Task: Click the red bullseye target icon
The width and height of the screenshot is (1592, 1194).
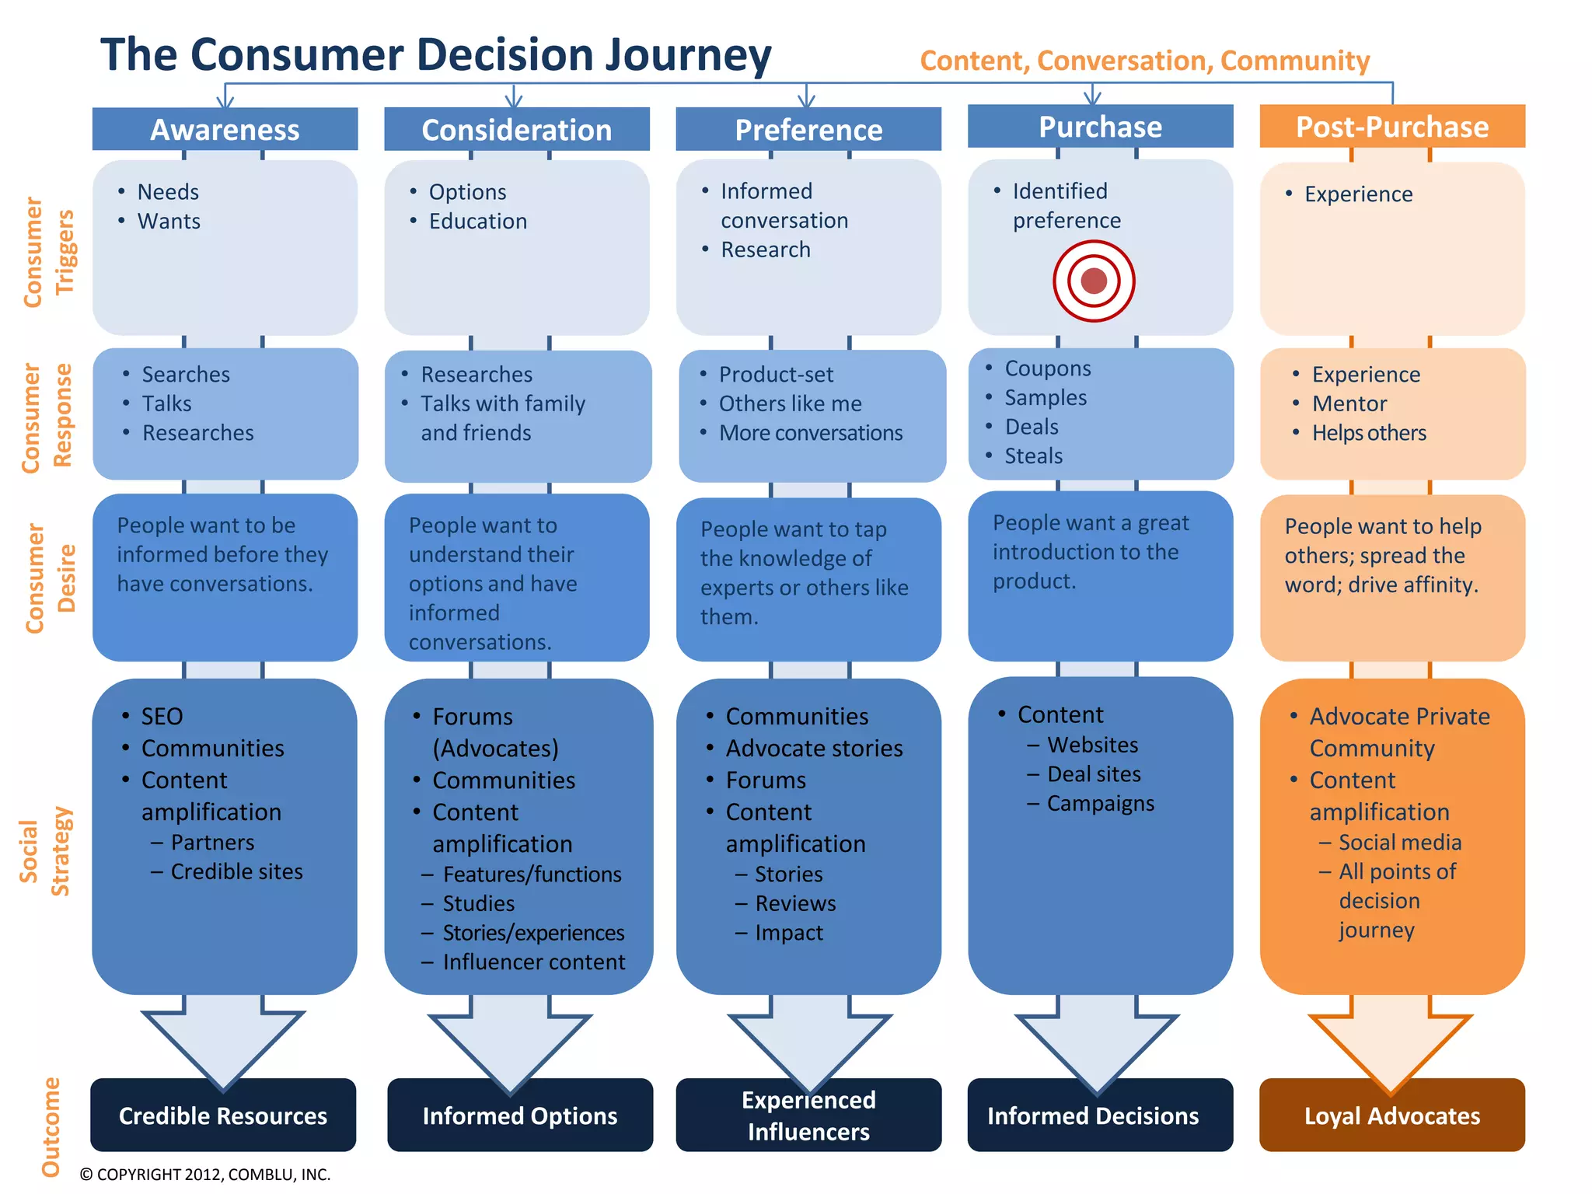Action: click(x=1094, y=281)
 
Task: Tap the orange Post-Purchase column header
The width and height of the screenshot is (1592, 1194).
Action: click(x=1391, y=127)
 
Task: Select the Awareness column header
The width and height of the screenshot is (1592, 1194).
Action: click(x=225, y=130)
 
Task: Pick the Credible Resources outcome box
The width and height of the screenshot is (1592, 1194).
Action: click(x=223, y=1116)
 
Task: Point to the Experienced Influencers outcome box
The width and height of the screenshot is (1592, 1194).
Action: click(x=808, y=1116)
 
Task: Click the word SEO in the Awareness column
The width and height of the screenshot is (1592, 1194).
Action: click(x=162, y=716)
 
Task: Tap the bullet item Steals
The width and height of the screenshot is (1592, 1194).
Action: click(x=1033, y=456)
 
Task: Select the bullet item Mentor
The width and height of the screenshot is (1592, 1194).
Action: click(x=1349, y=404)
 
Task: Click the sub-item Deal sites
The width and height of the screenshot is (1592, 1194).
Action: click(x=1094, y=774)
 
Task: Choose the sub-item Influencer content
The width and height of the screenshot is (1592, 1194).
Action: click(x=533, y=962)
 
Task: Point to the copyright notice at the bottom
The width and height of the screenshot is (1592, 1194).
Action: click(x=205, y=1175)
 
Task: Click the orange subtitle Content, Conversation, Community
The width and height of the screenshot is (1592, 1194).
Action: click(x=1144, y=61)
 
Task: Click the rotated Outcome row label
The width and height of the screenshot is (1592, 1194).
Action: click(x=50, y=1126)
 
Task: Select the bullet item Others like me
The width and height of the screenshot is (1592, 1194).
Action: click(x=790, y=404)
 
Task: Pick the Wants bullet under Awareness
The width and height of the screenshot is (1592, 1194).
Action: click(x=169, y=222)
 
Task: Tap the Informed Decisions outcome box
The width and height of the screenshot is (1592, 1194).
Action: click(x=1093, y=1116)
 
